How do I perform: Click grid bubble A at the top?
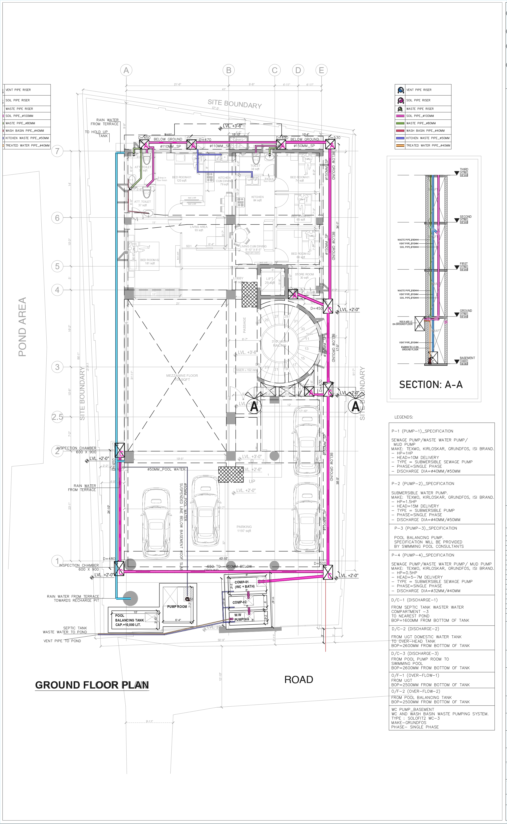126,70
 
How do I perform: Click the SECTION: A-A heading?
431,384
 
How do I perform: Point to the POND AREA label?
22,327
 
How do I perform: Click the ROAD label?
298,679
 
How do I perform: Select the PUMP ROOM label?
177,606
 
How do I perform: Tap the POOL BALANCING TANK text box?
129,620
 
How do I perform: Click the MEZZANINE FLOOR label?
182,377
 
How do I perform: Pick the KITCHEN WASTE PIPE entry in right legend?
427,138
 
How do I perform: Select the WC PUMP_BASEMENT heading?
412,709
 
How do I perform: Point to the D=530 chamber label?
334,138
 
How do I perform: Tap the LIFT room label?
270,279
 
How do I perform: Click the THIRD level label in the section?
464,170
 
